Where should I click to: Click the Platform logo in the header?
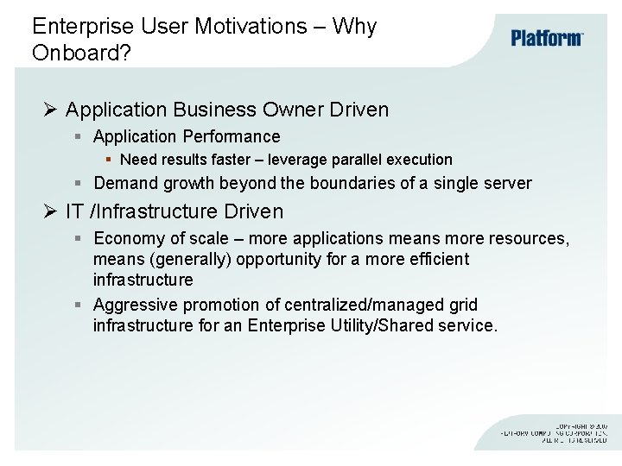click(x=547, y=38)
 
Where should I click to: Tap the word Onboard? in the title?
click(x=81, y=53)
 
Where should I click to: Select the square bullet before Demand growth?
click(x=78, y=183)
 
